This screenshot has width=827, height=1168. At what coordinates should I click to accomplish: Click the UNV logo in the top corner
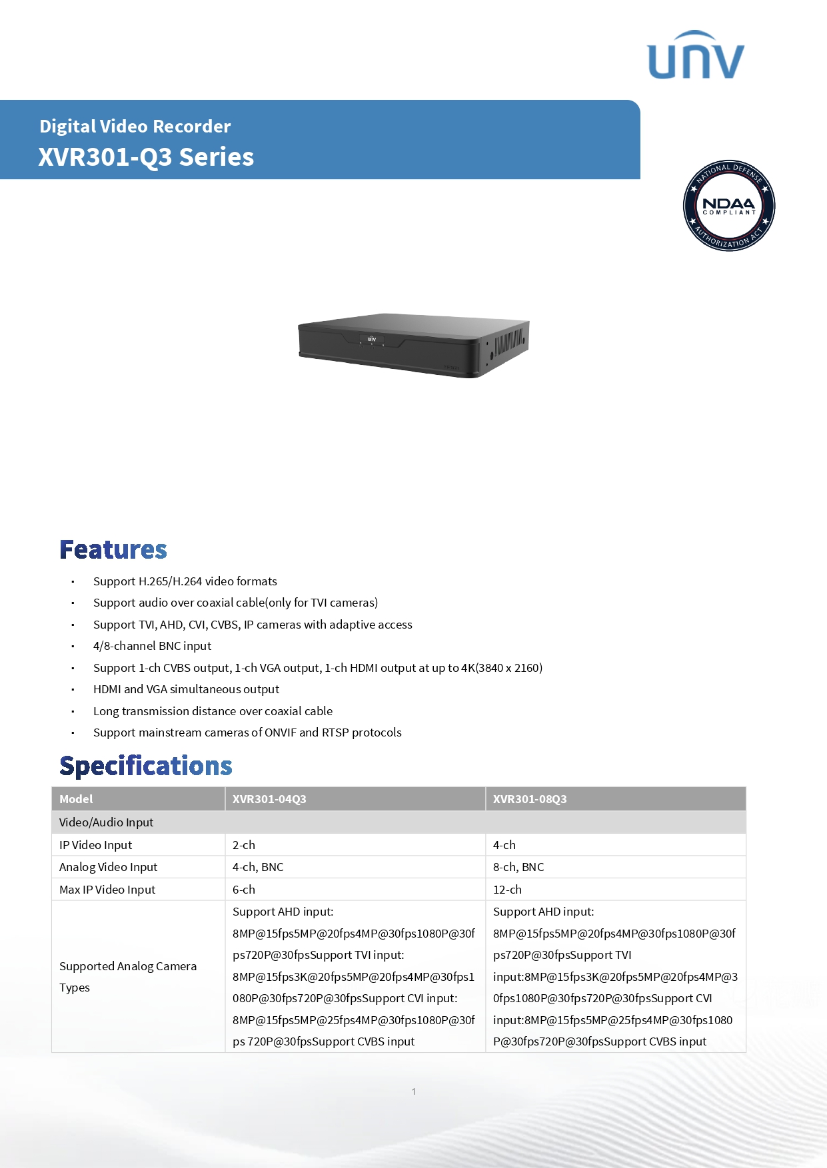click(x=696, y=55)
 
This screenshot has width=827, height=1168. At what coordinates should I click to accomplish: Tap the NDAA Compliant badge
click(x=729, y=206)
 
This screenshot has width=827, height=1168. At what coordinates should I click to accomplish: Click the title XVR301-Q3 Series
click(x=146, y=157)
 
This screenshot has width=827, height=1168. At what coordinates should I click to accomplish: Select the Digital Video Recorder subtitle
click(x=135, y=126)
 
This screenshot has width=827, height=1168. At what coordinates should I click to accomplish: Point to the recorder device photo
click(x=413, y=345)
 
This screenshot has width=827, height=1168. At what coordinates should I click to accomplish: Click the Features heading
click(x=113, y=550)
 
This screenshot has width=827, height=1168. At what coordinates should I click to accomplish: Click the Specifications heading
click(x=146, y=766)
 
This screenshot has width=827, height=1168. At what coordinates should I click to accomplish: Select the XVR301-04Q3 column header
click(x=269, y=799)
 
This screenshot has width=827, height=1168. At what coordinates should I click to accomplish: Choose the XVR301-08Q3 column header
click(x=530, y=799)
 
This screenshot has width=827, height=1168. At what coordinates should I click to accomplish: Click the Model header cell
click(x=76, y=799)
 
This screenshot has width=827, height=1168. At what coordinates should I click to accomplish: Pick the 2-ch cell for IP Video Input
click(x=244, y=845)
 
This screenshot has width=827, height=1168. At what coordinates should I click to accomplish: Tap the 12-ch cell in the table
click(x=507, y=890)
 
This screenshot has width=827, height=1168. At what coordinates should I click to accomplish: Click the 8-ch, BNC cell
click(x=518, y=867)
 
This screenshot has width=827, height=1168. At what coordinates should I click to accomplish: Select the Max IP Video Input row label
click(x=107, y=890)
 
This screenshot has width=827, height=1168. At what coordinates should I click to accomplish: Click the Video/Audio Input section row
click(x=107, y=822)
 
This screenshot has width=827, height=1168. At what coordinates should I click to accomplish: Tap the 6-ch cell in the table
click(x=244, y=890)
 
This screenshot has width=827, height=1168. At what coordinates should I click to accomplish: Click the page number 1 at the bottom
click(x=414, y=1091)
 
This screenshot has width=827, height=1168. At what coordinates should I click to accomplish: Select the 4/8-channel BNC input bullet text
click(x=152, y=646)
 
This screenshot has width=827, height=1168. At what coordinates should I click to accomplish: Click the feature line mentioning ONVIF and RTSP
click(x=247, y=732)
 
